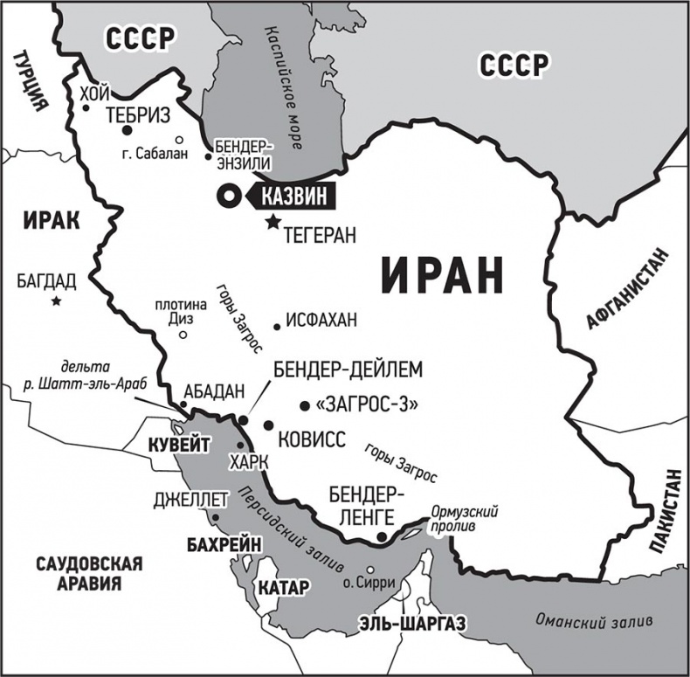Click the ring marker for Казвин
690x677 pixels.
(x=230, y=197)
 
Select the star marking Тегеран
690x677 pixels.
(x=273, y=223)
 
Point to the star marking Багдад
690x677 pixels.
(x=57, y=301)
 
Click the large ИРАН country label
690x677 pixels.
(x=443, y=275)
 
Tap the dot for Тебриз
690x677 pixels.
(x=127, y=130)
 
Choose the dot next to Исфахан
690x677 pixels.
(x=277, y=327)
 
